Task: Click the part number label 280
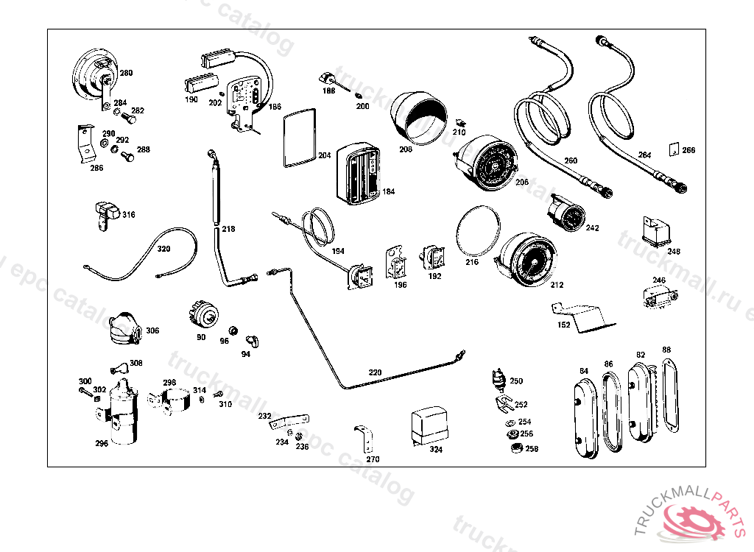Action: coord(127,73)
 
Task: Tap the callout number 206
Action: coord(521,182)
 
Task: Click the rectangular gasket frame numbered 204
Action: coord(299,137)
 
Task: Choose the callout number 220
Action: coord(375,372)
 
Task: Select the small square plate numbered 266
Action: coord(672,149)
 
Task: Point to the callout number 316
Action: coord(129,215)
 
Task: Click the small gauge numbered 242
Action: coord(567,214)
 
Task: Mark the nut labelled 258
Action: coord(516,447)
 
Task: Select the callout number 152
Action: coord(564,324)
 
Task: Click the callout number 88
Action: coord(666,350)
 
